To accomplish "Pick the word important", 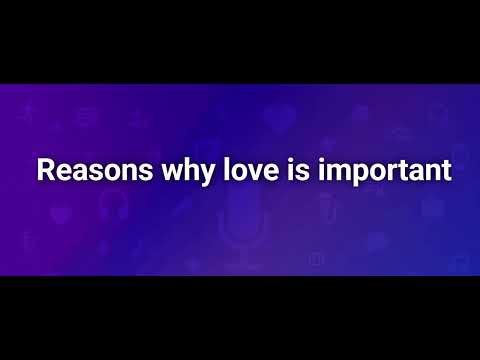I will (x=385, y=171).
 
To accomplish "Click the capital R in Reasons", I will (x=46, y=169).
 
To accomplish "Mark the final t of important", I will (x=446, y=170).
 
